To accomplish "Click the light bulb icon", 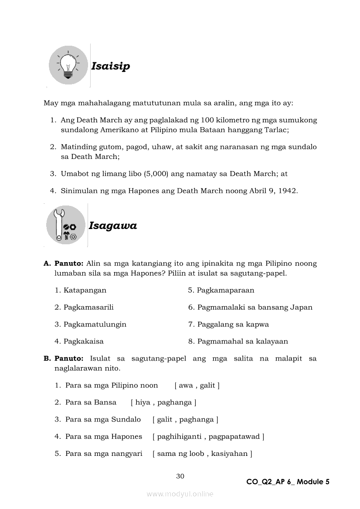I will (68, 65).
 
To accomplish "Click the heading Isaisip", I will (110, 66).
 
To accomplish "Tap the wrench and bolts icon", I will (66, 225).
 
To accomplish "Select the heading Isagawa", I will (112, 226).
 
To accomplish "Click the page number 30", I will (180, 476).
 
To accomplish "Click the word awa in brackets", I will (186, 385).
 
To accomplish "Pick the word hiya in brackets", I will (143, 402).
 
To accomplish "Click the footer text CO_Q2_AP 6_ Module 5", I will (288, 482).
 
